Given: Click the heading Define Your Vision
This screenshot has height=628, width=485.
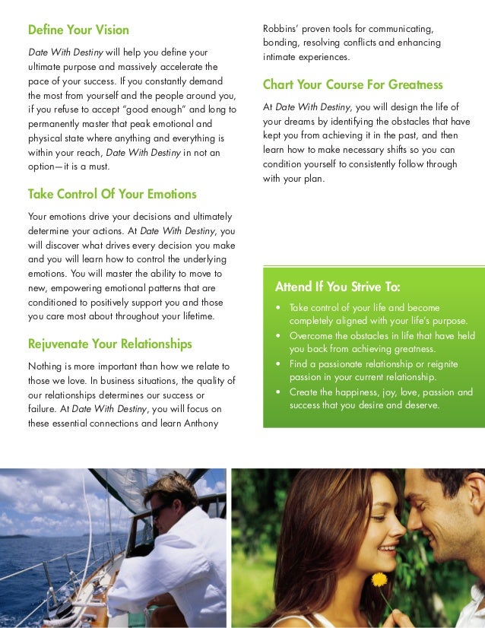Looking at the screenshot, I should pyautogui.click(x=78, y=30).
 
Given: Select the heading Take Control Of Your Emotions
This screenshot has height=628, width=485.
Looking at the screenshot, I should pyautogui.click(x=112, y=194).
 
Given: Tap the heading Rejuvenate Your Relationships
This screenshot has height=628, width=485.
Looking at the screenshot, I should pyautogui.click(x=109, y=344).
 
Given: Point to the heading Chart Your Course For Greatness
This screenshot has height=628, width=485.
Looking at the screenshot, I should pyautogui.click(x=352, y=84).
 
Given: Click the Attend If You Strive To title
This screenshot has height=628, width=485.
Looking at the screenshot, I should pyautogui.click(x=337, y=287).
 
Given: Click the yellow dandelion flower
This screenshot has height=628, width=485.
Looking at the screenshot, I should pyautogui.click(x=378, y=579).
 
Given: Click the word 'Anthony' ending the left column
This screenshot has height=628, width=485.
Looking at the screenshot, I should pyautogui.click(x=201, y=423).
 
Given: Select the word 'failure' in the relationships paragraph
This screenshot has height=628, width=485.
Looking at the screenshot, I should pyautogui.click(x=41, y=410).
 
